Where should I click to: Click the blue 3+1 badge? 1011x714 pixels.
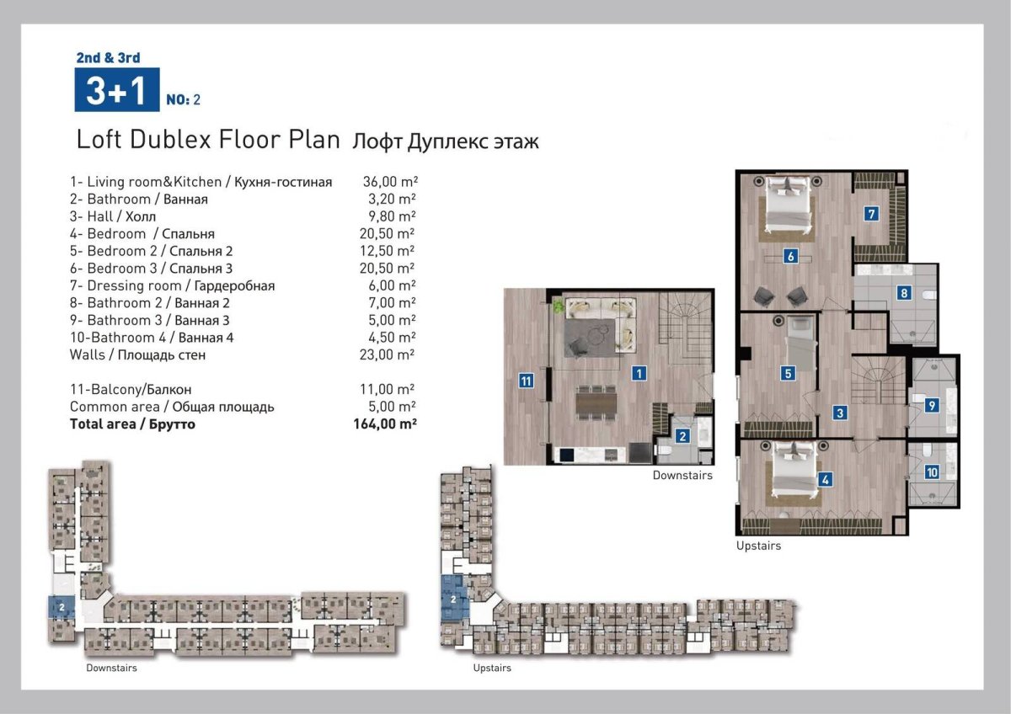(117, 89)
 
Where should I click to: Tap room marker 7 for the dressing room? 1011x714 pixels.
(871, 213)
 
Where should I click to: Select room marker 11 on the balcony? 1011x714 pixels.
(527, 381)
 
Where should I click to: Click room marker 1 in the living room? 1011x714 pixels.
(639, 373)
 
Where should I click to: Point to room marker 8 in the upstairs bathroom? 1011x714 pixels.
(903, 293)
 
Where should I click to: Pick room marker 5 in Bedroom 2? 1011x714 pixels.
(788, 374)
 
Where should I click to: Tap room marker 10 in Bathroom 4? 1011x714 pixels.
(932, 472)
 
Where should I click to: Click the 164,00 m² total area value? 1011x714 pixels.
(384, 424)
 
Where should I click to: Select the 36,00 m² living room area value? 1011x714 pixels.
(390, 181)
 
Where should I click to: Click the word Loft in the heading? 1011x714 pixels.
(99, 140)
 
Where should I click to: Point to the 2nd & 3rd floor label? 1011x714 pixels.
(109, 58)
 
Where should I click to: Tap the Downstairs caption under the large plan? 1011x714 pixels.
(682, 476)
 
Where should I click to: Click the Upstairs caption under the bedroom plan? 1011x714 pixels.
(758, 546)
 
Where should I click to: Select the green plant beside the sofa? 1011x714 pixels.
(559, 306)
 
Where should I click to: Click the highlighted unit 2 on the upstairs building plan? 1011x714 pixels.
(453, 599)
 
